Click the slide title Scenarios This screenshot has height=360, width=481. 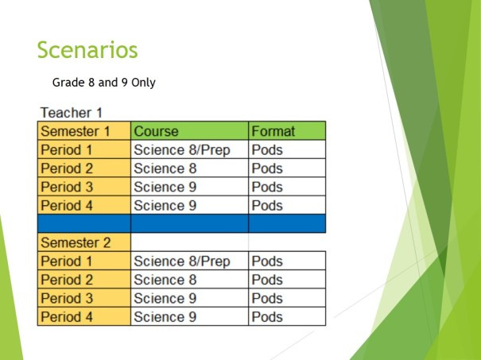point(87,50)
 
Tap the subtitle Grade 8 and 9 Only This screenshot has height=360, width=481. point(108,83)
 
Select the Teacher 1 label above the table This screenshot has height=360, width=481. point(71,114)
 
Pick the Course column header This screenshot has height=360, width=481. point(156,131)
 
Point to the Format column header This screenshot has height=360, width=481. point(272,131)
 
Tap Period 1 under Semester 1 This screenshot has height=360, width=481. point(67,149)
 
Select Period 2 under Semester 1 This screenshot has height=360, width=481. point(67,168)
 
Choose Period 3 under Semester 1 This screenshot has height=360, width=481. point(67,188)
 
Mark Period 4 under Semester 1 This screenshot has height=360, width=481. point(67,206)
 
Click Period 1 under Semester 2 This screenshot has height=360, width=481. point(67,261)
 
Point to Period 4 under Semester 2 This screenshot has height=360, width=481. point(67,317)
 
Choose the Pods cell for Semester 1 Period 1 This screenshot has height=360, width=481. point(267,149)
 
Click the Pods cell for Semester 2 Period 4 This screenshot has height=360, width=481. point(267,317)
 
